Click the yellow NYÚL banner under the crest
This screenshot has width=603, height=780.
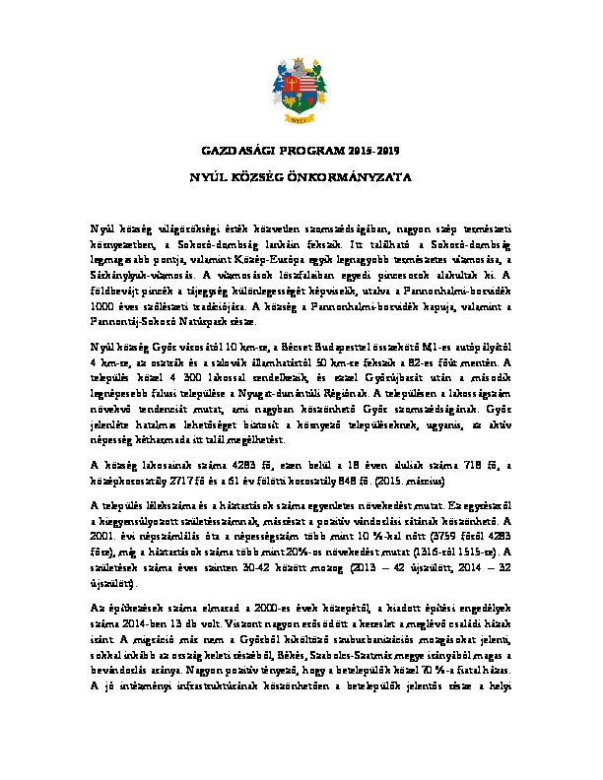coord(301,116)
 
